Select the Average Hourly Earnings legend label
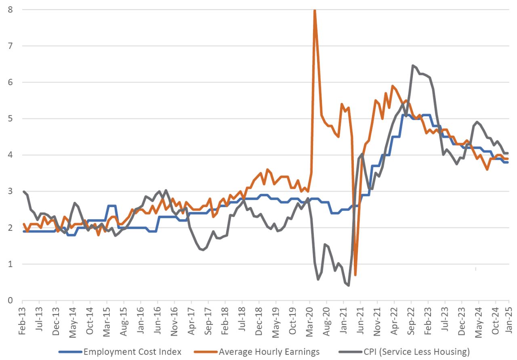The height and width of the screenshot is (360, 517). (x=269, y=352)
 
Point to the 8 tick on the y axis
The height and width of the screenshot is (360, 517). (x=10, y=9)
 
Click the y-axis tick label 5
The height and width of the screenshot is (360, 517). (x=10, y=119)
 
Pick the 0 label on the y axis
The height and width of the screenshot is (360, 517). (x=10, y=301)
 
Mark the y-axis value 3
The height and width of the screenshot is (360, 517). (x=10, y=191)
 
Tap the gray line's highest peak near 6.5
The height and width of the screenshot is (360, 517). (x=412, y=65)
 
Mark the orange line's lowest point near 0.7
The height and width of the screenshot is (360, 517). (x=355, y=275)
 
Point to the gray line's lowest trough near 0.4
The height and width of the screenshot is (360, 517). (x=348, y=286)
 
